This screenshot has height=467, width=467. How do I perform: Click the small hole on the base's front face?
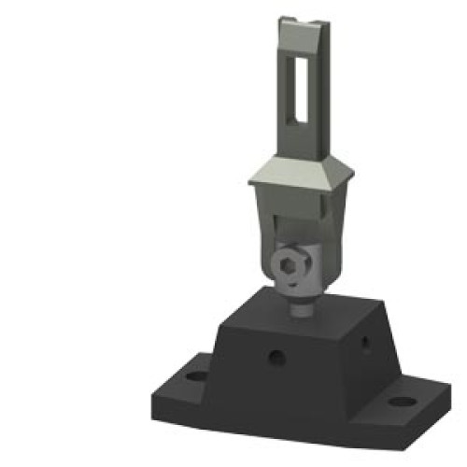(x=276, y=356)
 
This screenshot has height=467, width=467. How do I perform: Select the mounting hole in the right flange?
(x=401, y=403)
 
